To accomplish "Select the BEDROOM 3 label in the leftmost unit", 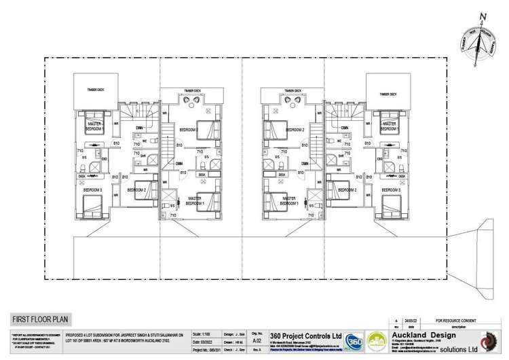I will [x=92, y=190].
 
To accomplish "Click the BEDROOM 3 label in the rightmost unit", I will [x=388, y=190].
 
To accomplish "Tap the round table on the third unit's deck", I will [x=293, y=99].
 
